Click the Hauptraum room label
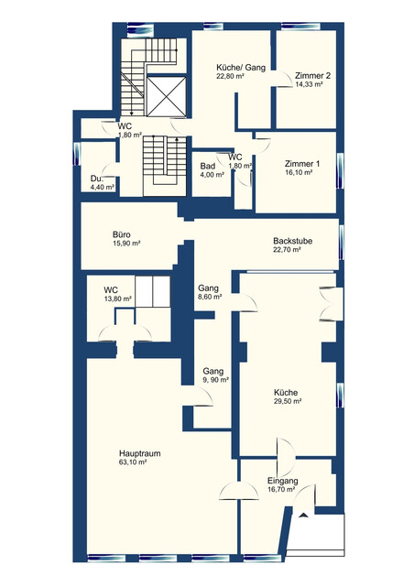140,453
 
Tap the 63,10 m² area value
133,462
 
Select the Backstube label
292,241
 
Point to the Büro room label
122,234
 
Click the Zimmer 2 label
312,75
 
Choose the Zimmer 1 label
302,164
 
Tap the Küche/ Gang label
241,68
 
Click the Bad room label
208,166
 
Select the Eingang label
283,481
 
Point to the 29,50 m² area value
288,401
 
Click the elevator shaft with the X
166,96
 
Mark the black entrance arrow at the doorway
303,515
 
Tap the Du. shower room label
96,179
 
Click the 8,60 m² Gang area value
210,297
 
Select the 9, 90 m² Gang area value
216,380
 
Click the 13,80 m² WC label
118,299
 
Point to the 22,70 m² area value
288,250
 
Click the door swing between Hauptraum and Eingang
239,491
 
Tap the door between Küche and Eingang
286,457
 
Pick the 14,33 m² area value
309,84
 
